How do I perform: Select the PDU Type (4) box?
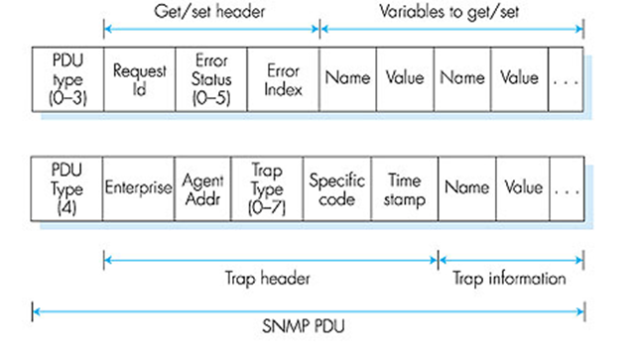[x=67, y=187]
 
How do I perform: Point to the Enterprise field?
[x=139, y=187]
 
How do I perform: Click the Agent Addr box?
[x=202, y=187]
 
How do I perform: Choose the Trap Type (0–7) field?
[x=266, y=187]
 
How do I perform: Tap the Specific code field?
[x=336, y=187]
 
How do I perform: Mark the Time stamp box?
[x=404, y=187]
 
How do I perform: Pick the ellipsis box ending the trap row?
[x=566, y=187]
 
